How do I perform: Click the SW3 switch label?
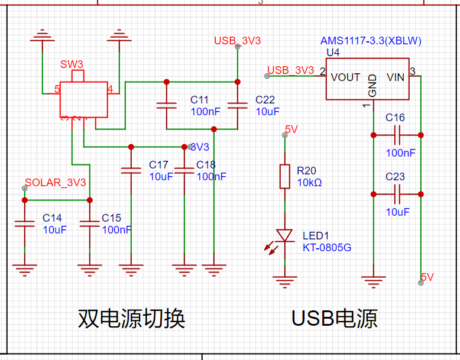(x=71, y=64)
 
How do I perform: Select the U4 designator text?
(x=333, y=53)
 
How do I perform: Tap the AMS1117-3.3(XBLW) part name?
(x=371, y=41)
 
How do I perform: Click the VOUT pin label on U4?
(x=345, y=77)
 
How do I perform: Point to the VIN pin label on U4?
(x=396, y=77)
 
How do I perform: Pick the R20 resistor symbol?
(x=284, y=176)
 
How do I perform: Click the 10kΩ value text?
(x=309, y=183)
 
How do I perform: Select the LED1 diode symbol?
(x=285, y=236)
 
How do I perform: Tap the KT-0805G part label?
(x=326, y=248)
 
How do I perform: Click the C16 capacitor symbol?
(x=397, y=135)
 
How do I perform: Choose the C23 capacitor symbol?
(x=397, y=194)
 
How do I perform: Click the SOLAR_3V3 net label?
(x=55, y=183)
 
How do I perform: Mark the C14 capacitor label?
(x=52, y=218)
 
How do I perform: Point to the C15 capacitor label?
(x=111, y=218)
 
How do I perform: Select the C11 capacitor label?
(x=200, y=100)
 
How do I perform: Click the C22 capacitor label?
(x=265, y=100)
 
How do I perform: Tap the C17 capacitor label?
(x=158, y=165)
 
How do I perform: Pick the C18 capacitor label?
(x=206, y=165)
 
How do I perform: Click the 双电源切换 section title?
(x=132, y=319)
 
